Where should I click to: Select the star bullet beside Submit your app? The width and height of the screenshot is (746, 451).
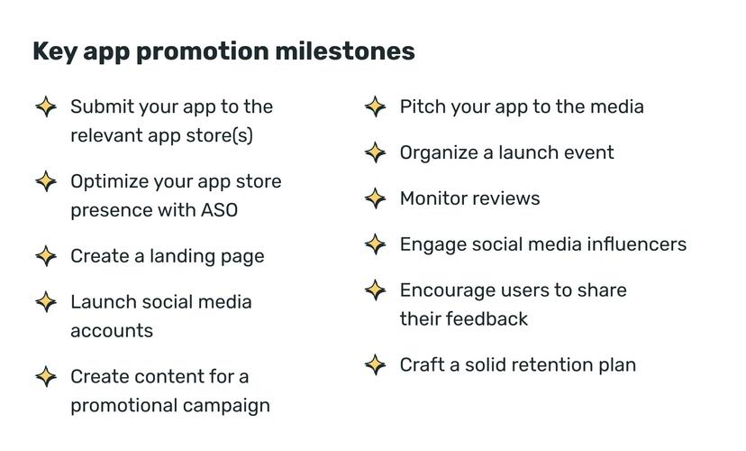pyautogui.click(x=46, y=106)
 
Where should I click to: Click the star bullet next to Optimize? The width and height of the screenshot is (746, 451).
pyautogui.click(x=46, y=181)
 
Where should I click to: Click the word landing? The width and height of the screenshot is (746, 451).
pyautogui.click(x=166, y=256)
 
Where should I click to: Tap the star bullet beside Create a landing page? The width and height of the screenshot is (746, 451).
pyautogui.click(x=46, y=256)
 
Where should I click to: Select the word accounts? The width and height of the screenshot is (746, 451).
pyautogui.click(x=112, y=331)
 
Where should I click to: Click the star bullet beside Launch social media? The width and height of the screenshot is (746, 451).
pyautogui.click(x=46, y=302)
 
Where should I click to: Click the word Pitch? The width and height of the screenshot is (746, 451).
pyautogui.click(x=421, y=106)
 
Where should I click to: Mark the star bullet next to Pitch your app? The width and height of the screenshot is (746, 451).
pyautogui.click(x=376, y=106)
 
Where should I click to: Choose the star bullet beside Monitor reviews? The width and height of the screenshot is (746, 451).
pyautogui.click(x=376, y=198)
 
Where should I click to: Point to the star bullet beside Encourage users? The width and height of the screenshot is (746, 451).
pyautogui.click(x=376, y=290)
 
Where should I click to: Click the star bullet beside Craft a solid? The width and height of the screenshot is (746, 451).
pyautogui.click(x=376, y=365)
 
